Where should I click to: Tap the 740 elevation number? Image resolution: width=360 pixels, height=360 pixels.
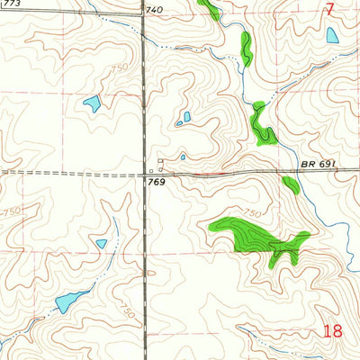pos(155,10)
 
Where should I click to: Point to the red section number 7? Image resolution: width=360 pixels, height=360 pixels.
pos(330,10)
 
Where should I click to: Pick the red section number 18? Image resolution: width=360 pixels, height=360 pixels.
pos(332,331)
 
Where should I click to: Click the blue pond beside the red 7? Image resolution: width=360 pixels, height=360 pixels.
pos(333,35)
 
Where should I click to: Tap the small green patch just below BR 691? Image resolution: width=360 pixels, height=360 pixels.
pos(291,184)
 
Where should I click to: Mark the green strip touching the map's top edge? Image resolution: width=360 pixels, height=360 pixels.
pos(209,9)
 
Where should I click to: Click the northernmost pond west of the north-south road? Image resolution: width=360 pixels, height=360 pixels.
pos(92,103)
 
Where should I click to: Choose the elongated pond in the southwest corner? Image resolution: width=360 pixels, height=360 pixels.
pos(67,301)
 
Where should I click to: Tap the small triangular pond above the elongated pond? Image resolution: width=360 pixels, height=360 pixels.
pos(102,243)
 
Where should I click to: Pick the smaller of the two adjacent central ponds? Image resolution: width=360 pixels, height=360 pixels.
pos(179,121)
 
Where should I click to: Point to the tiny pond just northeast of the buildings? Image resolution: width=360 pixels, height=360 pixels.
pos(183,157)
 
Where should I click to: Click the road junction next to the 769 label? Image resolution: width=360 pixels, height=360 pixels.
pos(145,172)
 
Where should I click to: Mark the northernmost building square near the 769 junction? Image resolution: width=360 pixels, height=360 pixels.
pos(161,161)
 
